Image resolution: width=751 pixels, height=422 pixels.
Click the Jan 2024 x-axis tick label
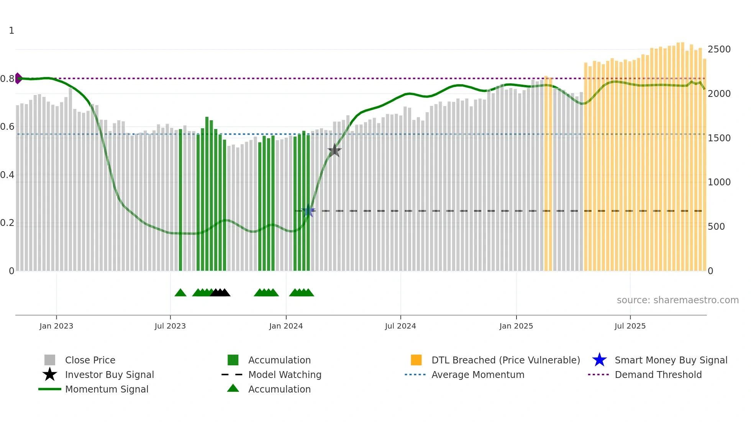click(x=286, y=326)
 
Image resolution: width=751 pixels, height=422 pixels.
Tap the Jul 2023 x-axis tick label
click(x=170, y=326)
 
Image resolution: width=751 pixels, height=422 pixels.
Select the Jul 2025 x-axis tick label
click(x=630, y=326)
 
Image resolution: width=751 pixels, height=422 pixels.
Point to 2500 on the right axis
click(x=719, y=49)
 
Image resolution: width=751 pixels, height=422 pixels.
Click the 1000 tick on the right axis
click(x=719, y=182)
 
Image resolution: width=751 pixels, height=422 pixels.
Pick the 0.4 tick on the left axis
click(x=7, y=175)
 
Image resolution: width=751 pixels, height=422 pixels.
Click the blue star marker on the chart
click(x=308, y=211)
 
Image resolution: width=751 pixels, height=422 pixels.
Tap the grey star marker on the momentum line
click(x=335, y=150)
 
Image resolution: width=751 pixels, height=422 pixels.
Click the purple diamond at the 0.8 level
click(x=18, y=79)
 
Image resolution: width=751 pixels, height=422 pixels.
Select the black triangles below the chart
click(x=220, y=293)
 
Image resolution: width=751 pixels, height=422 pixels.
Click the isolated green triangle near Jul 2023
click(x=180, y=293)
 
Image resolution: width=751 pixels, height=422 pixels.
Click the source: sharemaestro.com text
click(x=677, y=300)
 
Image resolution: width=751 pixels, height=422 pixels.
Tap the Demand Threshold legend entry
click(x=658, y=375)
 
